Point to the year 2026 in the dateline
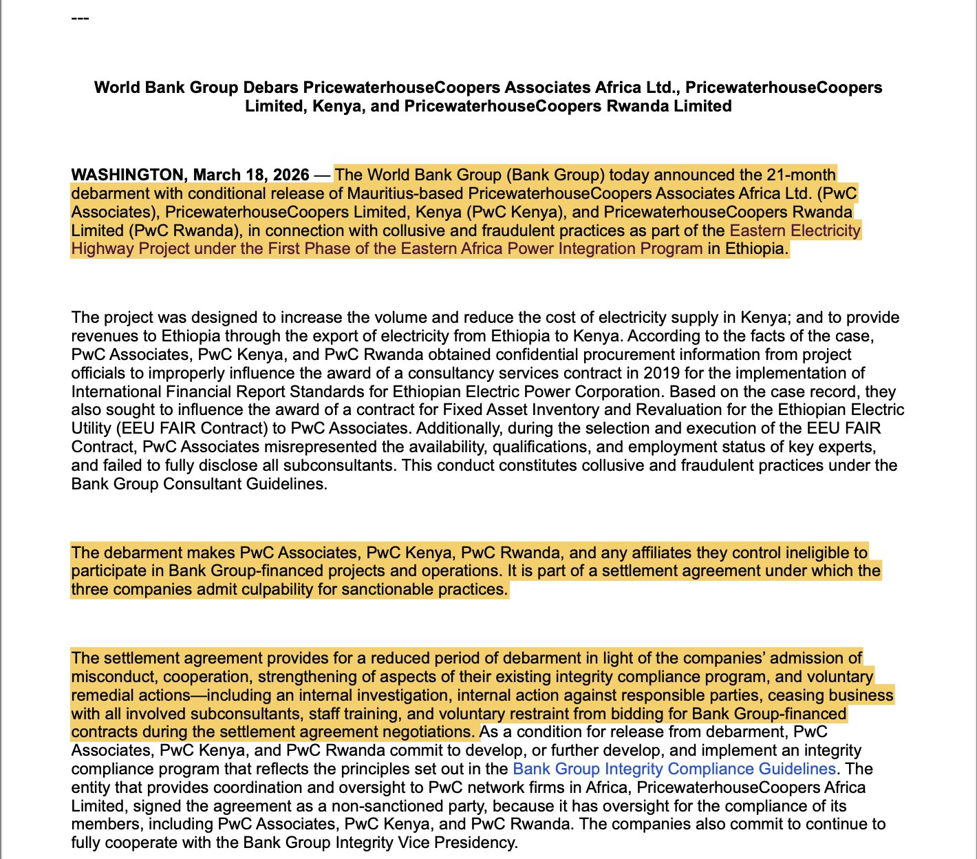click(291, 175)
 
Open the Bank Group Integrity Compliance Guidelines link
click(674, 769)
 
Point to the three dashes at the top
click(80, 17)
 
